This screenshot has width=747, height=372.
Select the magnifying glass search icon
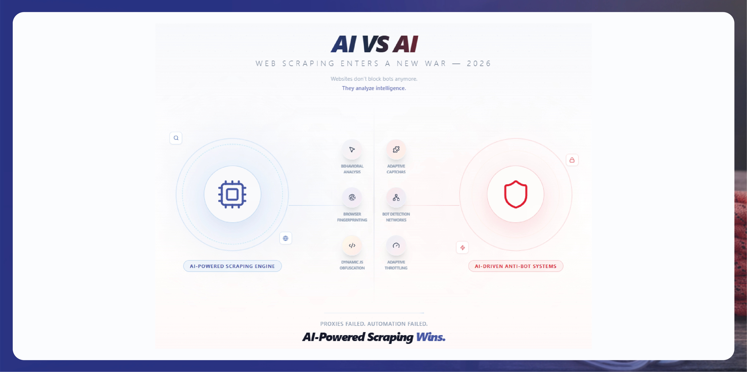176,138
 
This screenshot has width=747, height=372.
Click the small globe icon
286,238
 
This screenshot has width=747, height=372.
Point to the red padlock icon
572,160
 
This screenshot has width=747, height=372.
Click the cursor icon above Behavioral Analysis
352,149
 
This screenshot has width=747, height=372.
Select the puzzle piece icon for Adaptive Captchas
396,149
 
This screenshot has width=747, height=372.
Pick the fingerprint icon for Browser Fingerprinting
352,198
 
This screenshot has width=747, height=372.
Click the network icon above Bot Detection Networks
396,198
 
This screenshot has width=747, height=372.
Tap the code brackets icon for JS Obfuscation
352,246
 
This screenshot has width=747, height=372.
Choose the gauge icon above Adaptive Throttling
396,246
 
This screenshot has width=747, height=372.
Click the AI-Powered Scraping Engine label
232,266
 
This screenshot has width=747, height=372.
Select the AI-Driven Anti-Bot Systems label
516,266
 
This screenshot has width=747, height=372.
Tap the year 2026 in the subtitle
479,63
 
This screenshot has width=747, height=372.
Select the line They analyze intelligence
374,88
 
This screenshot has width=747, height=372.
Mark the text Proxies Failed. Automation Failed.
374,324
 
